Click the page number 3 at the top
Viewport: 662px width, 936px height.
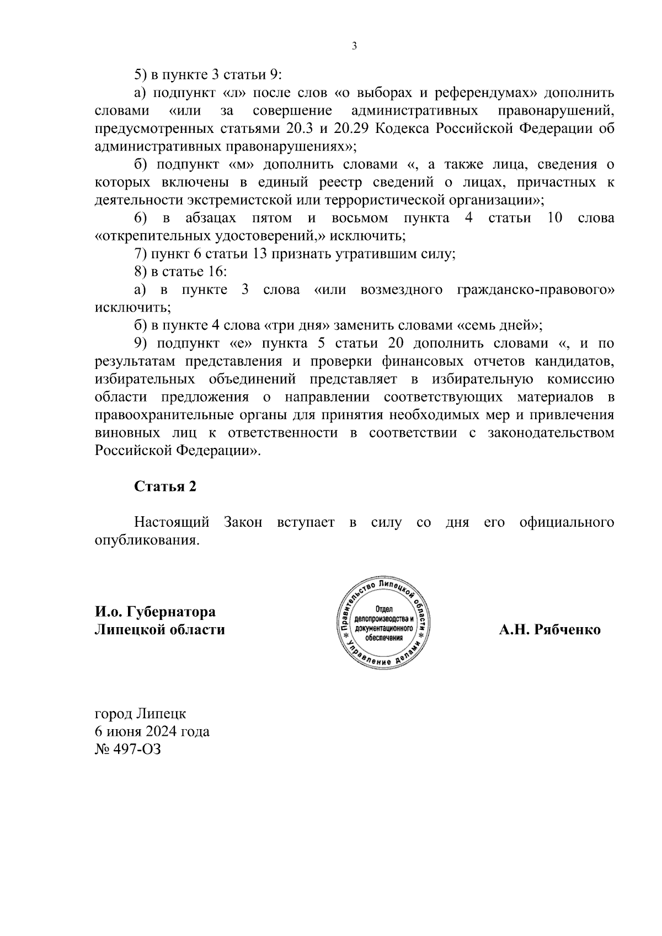[x=354, y=46]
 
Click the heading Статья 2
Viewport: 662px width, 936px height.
[x=165, y=486]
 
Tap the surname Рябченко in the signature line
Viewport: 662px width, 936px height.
[x=568, y=630]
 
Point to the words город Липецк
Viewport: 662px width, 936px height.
[x=140, y=714]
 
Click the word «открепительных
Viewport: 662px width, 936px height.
[x=151, y=236]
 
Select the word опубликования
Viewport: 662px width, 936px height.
[x=146, y=540]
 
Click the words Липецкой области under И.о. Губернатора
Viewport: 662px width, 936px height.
[x=160, y=630]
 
